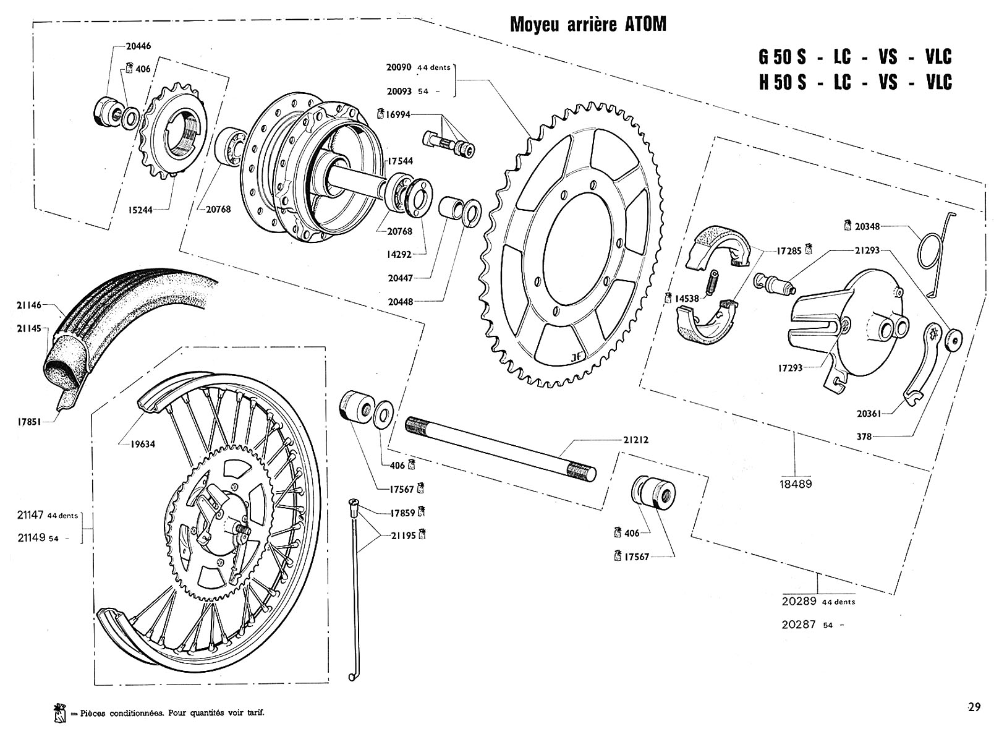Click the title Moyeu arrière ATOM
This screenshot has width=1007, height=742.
tap(588, 25)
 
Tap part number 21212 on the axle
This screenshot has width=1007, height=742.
tap(635, 440)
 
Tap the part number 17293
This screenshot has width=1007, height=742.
tap(790, 368)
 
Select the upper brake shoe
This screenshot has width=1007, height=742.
tap(717, 249)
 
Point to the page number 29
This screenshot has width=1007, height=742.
tap(975, 707)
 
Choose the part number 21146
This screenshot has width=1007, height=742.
tap(30, 305)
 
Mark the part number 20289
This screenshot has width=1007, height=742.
tap(800, 600)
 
